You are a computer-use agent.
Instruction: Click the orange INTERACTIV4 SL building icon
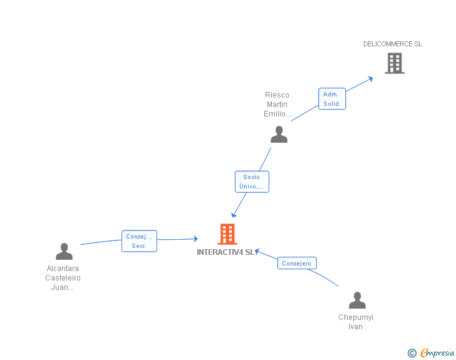(227, 234)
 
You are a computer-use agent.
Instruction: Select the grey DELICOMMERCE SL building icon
(394, 63)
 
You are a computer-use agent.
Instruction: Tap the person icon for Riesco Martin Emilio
(279, 135)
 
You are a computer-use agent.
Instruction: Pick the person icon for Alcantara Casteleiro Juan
(64, 252)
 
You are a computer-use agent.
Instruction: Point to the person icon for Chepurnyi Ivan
(357, 301)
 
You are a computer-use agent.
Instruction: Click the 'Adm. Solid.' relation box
(332, 99)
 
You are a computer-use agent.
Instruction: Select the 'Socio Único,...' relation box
(252, 182)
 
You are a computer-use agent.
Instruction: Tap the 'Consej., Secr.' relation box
(139, 241)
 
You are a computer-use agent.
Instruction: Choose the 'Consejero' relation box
(297, 264)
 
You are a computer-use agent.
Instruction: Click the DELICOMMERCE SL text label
(393, 44)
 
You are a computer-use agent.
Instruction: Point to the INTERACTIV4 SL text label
(225, 252)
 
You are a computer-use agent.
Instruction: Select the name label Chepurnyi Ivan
(356, 322)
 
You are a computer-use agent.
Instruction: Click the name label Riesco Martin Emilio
(277, 105)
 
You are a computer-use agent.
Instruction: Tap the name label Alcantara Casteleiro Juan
(63, 278)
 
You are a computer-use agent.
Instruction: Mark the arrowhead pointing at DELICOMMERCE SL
(370, 78)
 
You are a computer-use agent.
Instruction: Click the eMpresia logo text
(437, 353)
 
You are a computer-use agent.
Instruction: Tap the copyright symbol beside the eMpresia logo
(412, 353)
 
